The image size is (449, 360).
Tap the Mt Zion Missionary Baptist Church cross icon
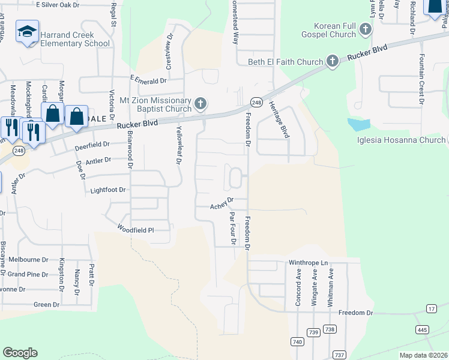tap(200, 105)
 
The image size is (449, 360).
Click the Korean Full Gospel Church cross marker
tap(364, 29)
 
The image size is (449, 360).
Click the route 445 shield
tap(421, 331)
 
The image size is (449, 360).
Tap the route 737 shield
tap(339, 355)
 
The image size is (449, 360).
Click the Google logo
tap(20, 353)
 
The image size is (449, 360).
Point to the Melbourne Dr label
tap(28, 260)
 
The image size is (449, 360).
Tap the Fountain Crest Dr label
tap(422, 78)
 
